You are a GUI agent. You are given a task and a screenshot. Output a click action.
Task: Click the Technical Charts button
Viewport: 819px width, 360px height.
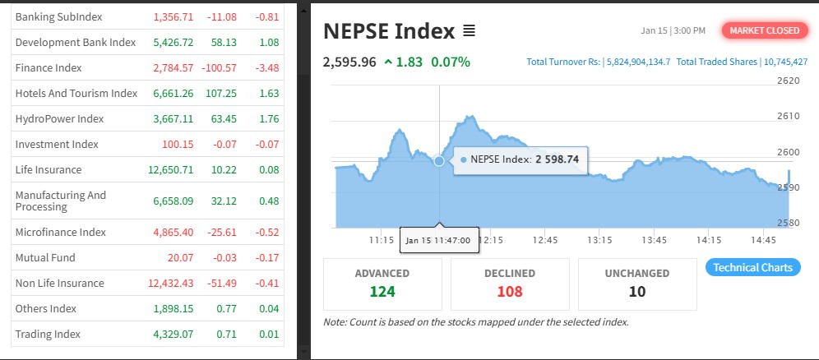tap(752, 267)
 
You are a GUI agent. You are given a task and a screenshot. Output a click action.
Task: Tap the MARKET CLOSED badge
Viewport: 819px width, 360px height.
tap(761, 30)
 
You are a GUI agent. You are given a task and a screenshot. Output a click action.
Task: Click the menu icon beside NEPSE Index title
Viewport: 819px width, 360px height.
tap(469, 31)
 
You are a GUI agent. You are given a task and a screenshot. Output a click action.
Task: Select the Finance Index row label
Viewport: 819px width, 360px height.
tap(49, 67)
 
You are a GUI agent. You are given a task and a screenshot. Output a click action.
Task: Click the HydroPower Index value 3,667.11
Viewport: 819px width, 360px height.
tap(173, 118)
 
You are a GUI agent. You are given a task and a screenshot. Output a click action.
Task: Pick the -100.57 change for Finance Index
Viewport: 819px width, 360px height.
tap(218, 67)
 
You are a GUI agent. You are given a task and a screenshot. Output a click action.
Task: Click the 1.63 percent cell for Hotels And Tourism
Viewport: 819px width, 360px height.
tap(268, 93)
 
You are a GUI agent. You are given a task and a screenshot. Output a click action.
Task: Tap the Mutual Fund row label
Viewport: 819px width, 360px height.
tap(44, 257)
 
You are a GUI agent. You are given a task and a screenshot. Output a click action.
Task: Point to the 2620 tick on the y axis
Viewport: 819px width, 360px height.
tap(788, 81)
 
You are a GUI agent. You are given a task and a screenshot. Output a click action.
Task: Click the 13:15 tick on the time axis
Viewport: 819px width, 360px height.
tap(599, 240)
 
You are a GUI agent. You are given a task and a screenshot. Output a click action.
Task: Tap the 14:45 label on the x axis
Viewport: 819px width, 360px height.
tap(764, 240)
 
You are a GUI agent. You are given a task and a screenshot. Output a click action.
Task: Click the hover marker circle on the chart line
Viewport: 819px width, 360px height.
tap(439, 161)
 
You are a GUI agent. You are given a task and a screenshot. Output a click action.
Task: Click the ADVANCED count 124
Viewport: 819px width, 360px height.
tap(382, 291)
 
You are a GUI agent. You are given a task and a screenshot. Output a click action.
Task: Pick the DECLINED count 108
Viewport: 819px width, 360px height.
tap(509, 291)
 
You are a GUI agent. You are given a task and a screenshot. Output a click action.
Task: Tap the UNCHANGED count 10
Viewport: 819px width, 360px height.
tap(637, 291)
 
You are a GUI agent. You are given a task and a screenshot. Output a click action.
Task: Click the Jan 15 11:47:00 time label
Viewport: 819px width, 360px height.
tap(438, 241)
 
